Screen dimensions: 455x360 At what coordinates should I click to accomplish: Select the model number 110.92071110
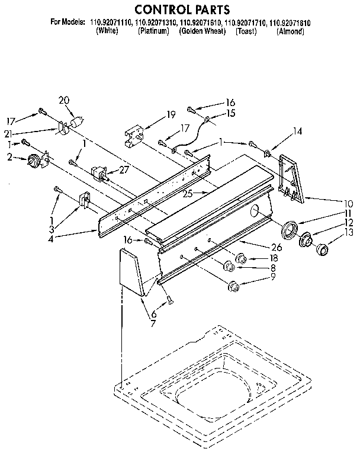tap(111, 23)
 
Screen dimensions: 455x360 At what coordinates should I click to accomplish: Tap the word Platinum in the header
tap(154, 31)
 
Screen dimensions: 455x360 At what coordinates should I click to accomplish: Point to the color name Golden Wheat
tap(202, 31)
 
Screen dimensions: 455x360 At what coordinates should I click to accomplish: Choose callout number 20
tap(65, 100)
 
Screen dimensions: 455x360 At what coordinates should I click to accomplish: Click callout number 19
tap(171, 114)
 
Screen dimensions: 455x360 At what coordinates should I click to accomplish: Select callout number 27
tap(124, 169)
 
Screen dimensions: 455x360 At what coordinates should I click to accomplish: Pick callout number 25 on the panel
tap(188, 193)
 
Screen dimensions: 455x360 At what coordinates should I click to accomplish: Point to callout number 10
tap(349, 203)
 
